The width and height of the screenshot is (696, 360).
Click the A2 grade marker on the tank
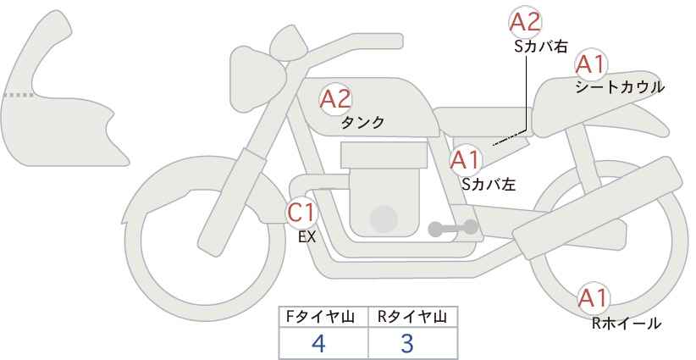click(335, 99)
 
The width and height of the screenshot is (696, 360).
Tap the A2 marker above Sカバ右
click(526, 22)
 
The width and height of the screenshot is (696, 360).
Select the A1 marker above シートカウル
click(591, 64)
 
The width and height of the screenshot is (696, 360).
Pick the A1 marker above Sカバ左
click(466, 160)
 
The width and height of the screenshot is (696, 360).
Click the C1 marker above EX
click(301, 212)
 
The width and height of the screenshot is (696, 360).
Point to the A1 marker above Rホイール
click(593, 298)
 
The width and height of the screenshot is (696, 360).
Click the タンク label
click(362, 123)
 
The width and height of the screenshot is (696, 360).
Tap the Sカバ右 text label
click(541, 47)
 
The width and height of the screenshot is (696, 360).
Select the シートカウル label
click(620, 87)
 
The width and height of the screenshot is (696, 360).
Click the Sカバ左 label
click(489, 184)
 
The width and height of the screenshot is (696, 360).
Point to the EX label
click(307, 237)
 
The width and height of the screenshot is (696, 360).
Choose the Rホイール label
click(627, 324)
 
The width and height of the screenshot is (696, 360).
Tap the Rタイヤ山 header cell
click(413, 317)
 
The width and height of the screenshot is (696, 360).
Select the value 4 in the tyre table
click(318, 343)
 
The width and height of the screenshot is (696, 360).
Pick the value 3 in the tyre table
click(406, 343)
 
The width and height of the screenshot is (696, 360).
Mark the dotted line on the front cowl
click(19, 95)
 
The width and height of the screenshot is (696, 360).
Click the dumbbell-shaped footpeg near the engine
click(453, 228)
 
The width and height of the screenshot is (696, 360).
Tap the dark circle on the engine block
click(384, 219)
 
